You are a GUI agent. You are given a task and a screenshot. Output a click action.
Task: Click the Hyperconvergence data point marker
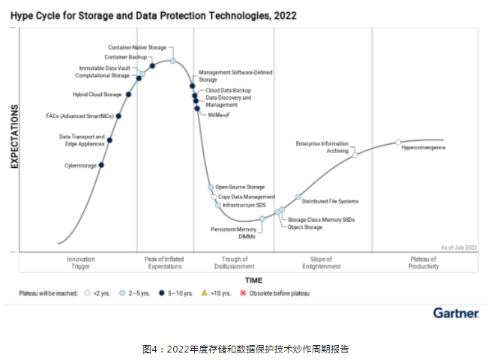point(398,142)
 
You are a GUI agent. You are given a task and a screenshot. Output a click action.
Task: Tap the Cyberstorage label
point(80,166)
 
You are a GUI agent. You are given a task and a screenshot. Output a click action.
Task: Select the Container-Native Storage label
point(137,48)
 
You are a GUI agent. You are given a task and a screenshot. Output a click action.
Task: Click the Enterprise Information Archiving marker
point(355,154)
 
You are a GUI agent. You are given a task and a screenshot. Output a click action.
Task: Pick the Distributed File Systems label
point(330,201)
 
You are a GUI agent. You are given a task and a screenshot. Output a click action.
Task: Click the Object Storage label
point(304,226)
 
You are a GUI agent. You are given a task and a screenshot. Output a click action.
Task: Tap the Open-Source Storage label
point(240,186)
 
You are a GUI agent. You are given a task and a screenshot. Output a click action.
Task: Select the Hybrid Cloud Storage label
point(97,94)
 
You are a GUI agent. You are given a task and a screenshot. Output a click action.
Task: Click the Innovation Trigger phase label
point(80,262)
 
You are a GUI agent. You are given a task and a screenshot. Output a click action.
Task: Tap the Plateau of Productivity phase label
point(423,262)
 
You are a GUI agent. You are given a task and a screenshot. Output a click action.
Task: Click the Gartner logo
point(455,313)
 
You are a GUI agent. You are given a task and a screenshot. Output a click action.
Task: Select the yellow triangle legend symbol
point(205,293)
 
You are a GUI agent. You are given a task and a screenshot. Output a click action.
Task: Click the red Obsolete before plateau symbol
point(241,293)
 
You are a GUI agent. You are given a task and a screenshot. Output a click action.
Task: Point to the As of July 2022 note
point(458,247)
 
